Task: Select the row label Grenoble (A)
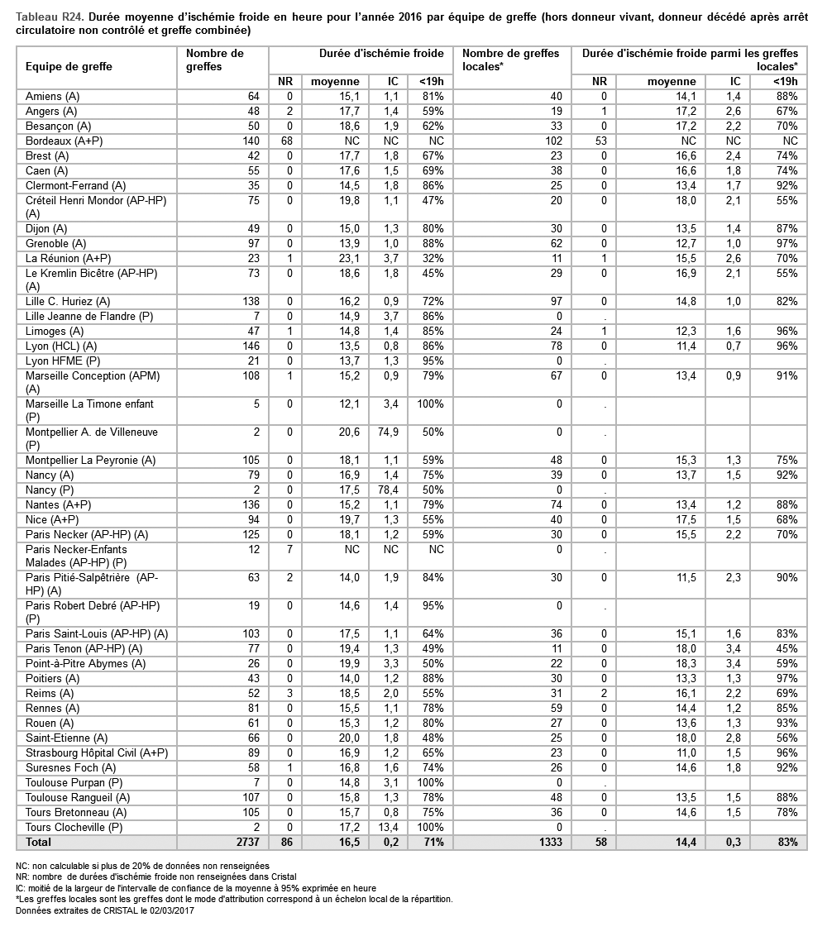(x=56, y=244)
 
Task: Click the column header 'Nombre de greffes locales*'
(x=510, y=60)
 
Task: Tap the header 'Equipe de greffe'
(x=69, y=66)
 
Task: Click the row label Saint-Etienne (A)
(x=67, y=738)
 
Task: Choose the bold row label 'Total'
(x=39, y=843)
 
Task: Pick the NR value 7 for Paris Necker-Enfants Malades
(x=289, y=550)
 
